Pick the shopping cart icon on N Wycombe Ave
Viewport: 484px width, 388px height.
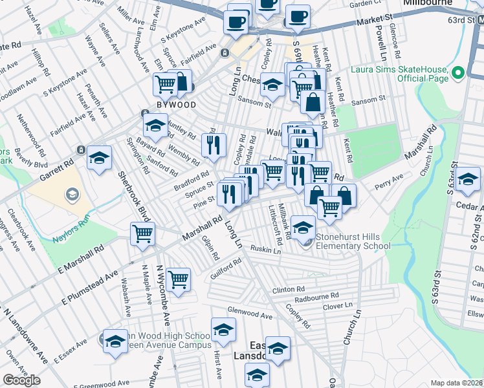178,279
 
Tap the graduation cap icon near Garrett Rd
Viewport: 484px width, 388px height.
100,158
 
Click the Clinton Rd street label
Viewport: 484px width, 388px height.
288,290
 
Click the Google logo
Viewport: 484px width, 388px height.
21,380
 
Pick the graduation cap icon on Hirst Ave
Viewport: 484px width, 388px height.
223,329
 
